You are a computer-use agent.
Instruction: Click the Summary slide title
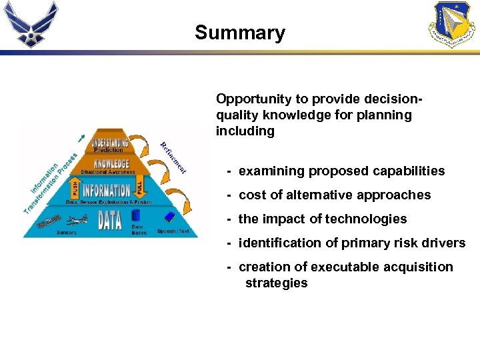[239, 33]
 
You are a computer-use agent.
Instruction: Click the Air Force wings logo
[31, 24]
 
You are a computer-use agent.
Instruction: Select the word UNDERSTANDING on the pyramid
[110, 142]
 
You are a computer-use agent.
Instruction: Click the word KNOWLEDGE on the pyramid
[111, 163]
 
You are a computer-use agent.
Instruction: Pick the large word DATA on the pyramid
[109, 219]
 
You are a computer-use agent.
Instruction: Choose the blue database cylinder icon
[136, 215]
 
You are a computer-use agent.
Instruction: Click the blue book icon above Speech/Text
[170, 217]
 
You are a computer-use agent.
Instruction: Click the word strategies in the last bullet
[276, 283]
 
